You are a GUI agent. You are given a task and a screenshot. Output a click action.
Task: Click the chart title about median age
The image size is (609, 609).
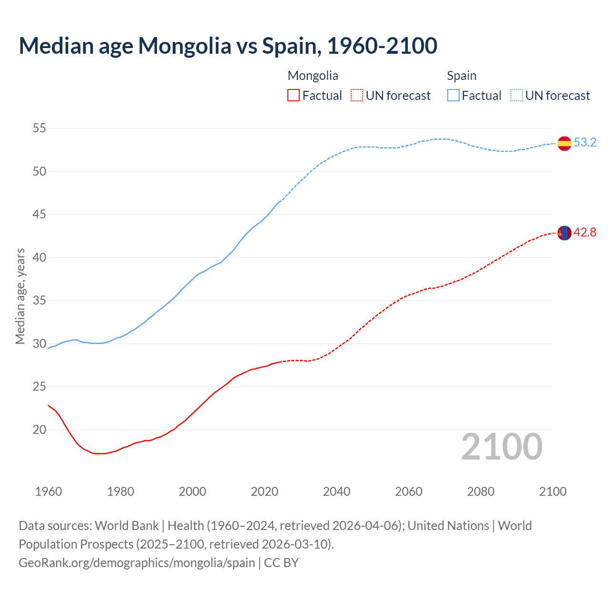228,46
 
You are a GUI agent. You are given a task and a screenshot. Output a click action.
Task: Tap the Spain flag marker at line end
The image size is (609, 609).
564,143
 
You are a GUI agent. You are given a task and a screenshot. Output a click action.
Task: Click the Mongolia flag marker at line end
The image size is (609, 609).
564,233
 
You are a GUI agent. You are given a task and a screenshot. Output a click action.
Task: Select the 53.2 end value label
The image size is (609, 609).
585,143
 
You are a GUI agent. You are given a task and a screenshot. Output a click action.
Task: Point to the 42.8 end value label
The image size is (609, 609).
585,233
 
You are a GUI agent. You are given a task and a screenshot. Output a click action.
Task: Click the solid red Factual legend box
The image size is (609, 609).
294,96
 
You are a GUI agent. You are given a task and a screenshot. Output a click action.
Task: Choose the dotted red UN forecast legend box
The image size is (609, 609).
357,96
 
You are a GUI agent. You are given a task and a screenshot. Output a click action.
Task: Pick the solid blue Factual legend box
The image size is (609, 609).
453,96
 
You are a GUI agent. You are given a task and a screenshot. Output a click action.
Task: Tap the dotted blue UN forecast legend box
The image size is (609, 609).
517,96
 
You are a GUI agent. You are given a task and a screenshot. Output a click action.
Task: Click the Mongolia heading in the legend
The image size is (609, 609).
313,76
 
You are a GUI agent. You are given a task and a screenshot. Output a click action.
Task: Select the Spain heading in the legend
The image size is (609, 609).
462,76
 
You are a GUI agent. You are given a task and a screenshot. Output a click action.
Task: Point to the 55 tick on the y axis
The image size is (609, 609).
39,128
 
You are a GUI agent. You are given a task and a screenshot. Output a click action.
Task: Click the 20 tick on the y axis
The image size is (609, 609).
39,430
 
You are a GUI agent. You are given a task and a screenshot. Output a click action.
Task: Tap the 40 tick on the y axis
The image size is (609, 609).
39,257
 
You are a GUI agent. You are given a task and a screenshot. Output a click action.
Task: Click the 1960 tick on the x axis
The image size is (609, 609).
49,491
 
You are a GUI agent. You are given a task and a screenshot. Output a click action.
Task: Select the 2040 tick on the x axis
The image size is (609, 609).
336,491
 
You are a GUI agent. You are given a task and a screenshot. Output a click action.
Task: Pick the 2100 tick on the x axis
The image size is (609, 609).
553,491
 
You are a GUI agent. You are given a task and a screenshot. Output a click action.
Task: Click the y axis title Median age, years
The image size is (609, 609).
20,296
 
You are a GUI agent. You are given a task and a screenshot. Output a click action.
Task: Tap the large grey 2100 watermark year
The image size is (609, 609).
502,446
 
